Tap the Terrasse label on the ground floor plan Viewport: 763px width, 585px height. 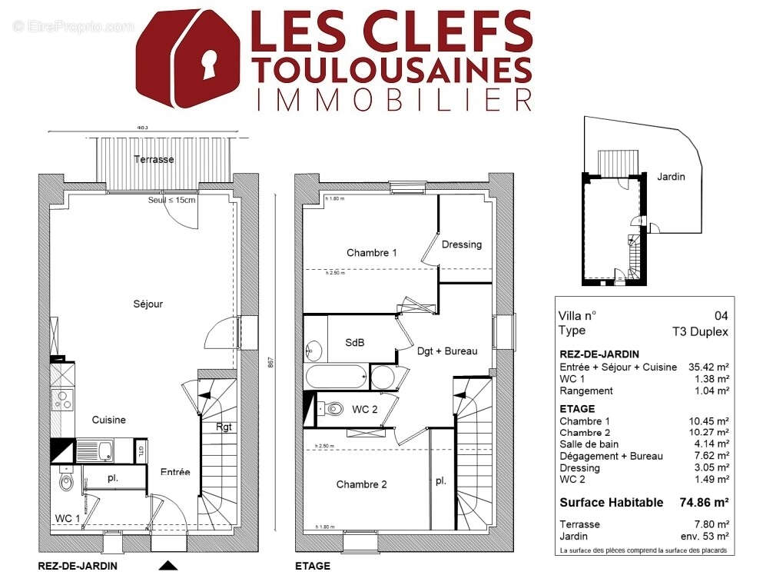pyautogui.click(x=154, y=160)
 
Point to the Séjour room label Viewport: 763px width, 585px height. pyautogui.click(x=148, y=304)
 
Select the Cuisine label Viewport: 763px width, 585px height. pyautogui.click(x=108, y=420)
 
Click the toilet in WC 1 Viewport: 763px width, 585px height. pyautogui.click(x=67, y=483)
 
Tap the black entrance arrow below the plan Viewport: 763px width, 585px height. pyautogui.click(x=168, y=566)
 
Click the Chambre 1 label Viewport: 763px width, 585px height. pyautogui.click(x=372, y=253)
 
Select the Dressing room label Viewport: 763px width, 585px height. pyautogui.click(x=462, y=244)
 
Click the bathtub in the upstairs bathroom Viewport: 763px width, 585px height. pyautogui.click(x=336, y=377)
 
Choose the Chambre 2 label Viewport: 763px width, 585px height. pyautogui.click(x=362, y=484)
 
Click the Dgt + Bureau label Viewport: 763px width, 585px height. pyautogui.click(x=447, y=351)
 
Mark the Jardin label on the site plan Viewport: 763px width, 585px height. pyautogui.click(x=671, y=176)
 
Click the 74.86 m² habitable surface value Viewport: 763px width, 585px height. pyautogui.click(x=702, y=503)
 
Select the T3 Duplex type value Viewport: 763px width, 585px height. pyautogui.click(x=699, y=331)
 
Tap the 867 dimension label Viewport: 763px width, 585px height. pyautogui.click(x=270, y=365)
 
